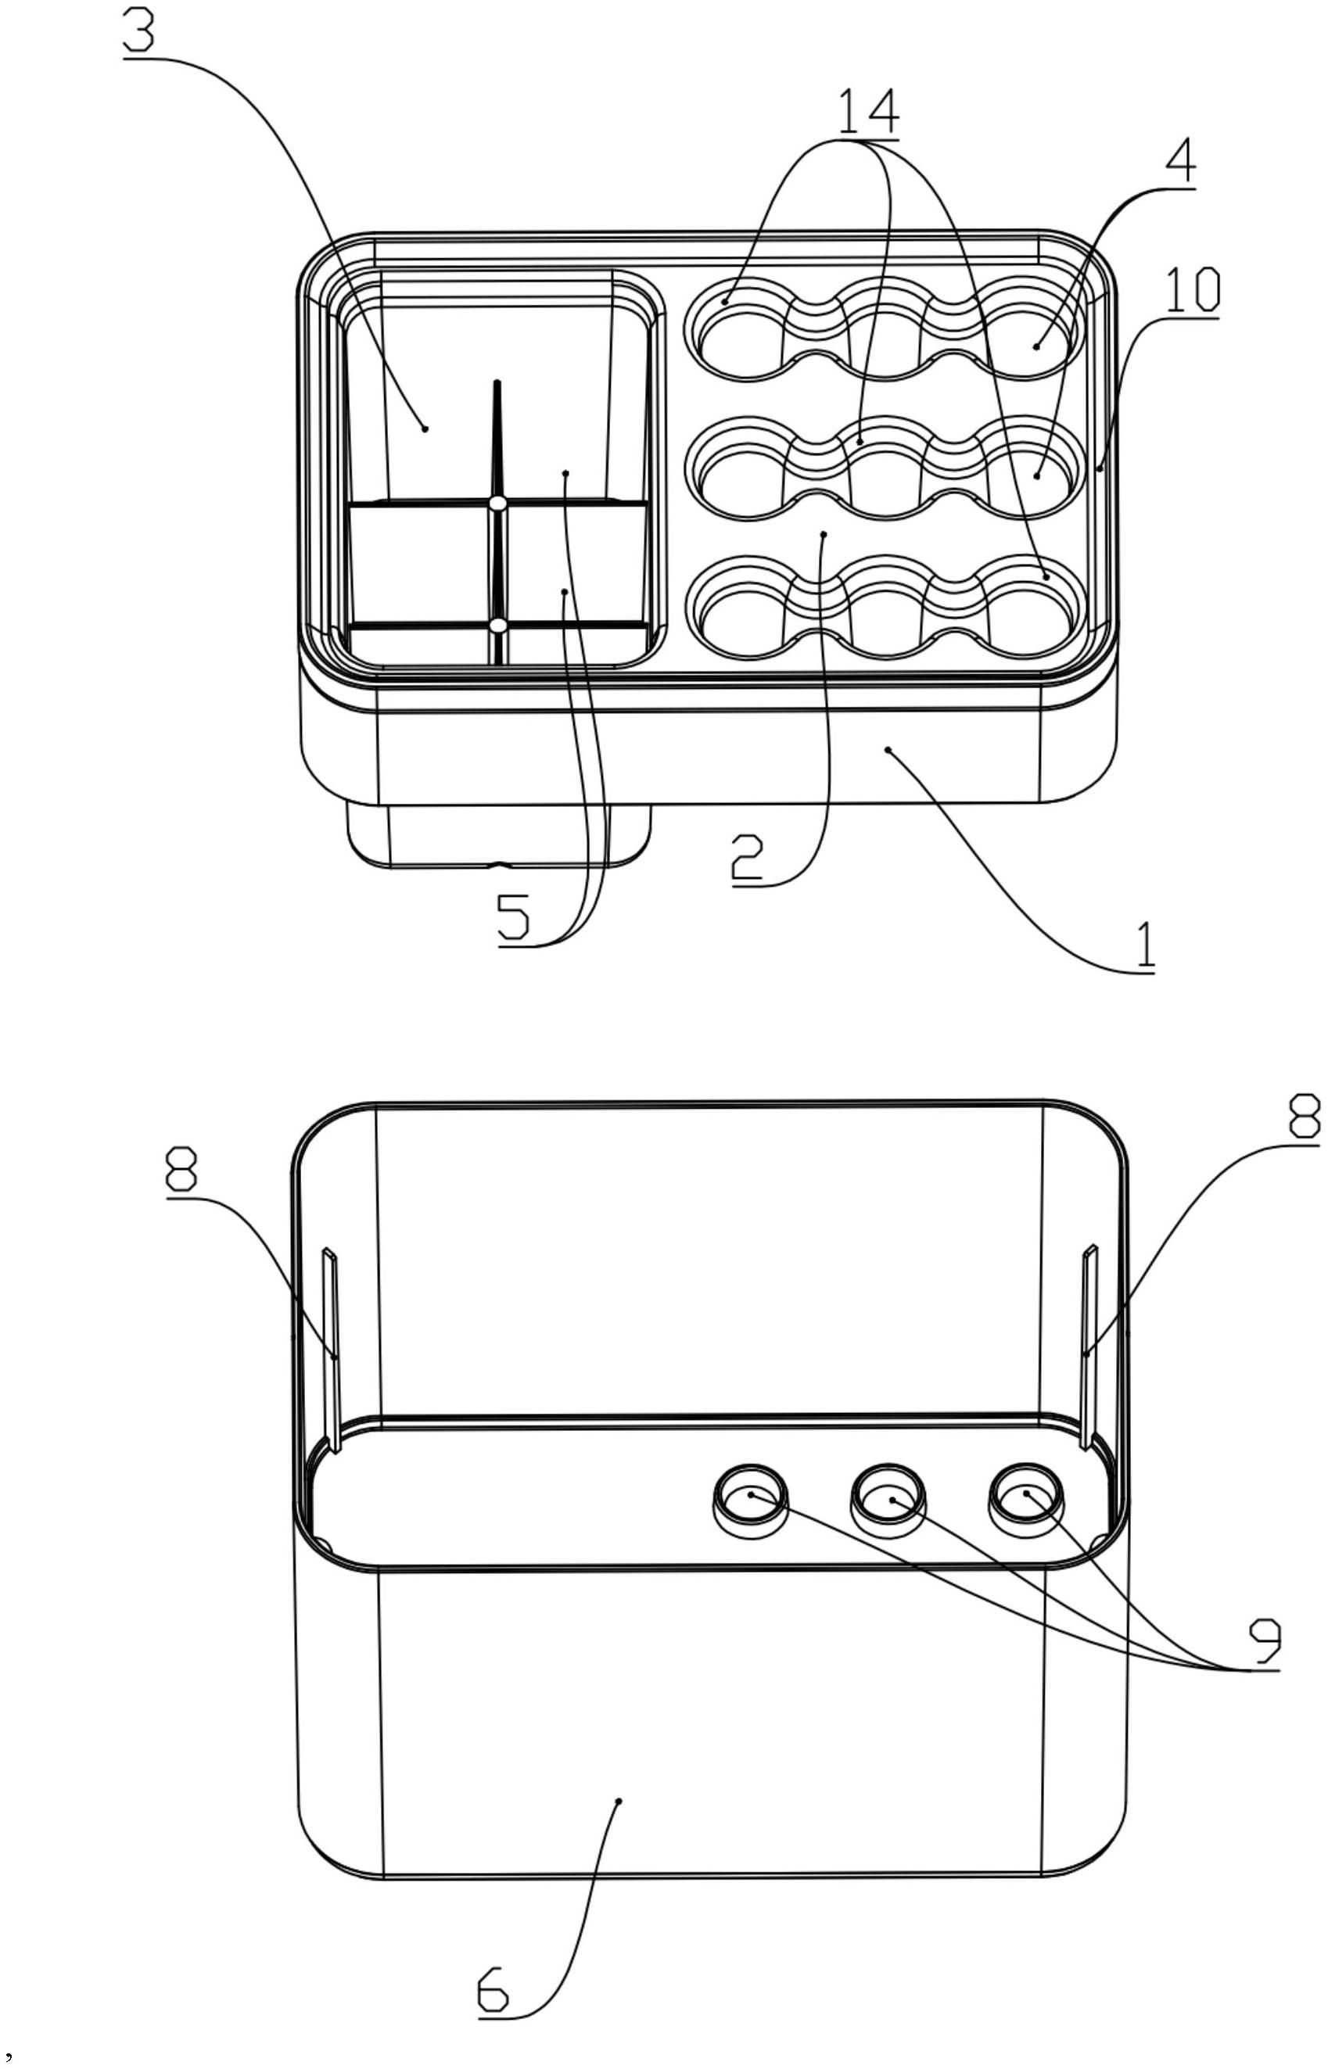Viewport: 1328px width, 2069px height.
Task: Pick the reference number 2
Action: pyautogui.click(x=747, y=857)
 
